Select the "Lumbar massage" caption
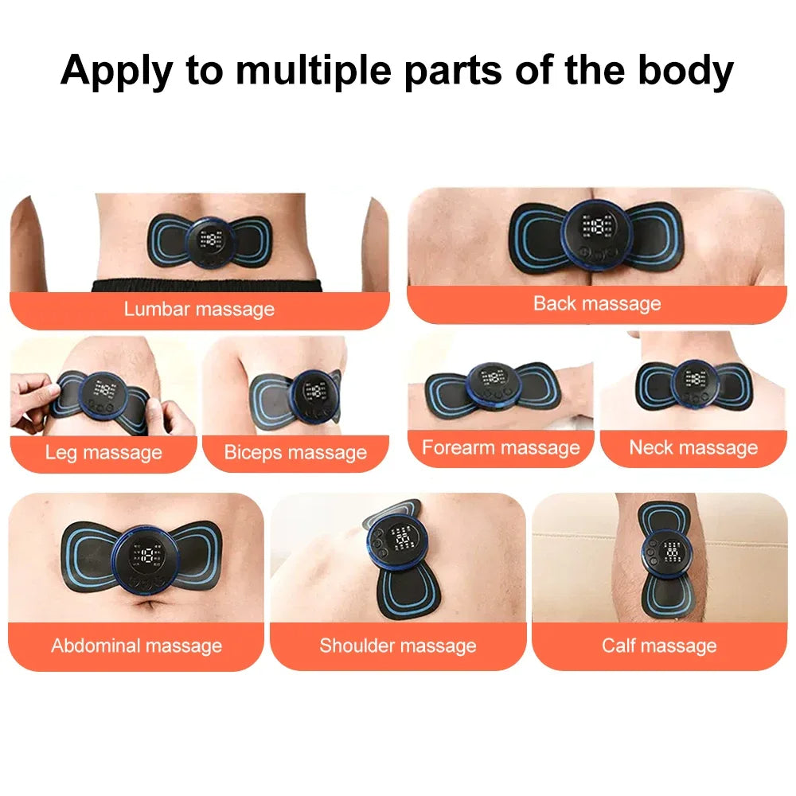tap(199, 309)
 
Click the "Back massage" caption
tap(596, 303)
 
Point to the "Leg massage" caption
tap(103, 453)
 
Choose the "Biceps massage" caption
tap(295, 453)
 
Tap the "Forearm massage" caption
tap(501, 447)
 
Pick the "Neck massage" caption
tap(693, 447)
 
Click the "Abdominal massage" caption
tap(136, 645)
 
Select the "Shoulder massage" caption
tap(398, 645)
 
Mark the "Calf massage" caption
tap(659, 645)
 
